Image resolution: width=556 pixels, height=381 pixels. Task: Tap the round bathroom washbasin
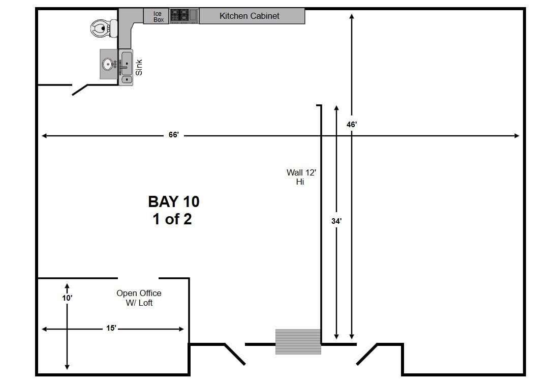[108, 64]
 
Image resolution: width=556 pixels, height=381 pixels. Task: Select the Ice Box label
[158, 17]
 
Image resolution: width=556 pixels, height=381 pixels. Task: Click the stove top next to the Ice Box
[183, 16]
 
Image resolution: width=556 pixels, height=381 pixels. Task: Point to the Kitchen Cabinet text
[249, 16]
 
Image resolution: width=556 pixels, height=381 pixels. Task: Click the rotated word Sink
[139, 67]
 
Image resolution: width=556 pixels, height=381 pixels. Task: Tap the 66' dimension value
[174, 135]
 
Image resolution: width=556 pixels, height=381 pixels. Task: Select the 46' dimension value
[351, 125]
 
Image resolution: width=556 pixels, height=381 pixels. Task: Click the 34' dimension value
[336, 221]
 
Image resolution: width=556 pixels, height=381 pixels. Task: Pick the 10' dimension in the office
[67, 298]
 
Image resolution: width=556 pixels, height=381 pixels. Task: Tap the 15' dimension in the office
[111, 328]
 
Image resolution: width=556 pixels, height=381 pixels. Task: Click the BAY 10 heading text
[174, 201]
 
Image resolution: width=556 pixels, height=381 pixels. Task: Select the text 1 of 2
[172, 219]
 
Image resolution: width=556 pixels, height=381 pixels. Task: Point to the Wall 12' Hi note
[301, 177]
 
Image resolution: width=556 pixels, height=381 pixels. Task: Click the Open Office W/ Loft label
[139, 298]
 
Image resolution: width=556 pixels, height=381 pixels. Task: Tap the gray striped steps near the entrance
[298, 342]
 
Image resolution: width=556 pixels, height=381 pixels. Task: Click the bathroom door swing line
[80, 90]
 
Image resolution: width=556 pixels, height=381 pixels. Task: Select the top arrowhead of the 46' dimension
[351, 16]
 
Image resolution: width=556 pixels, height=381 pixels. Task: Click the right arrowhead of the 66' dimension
[517, 135]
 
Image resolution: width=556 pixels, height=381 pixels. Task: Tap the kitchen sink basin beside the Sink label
[127, 63]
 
